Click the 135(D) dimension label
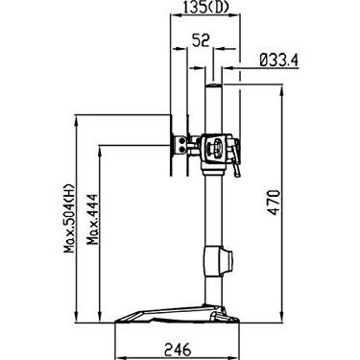(204, 8)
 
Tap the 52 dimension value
(201, 40)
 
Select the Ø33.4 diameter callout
(278, 60)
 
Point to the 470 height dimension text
(274, 203)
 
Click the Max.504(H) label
(69, 219)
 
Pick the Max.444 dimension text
(93, 219)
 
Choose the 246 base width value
(178, 349)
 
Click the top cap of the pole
(213, 85)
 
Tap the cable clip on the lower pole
(218, 260)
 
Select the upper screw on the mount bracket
(181, 140)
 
